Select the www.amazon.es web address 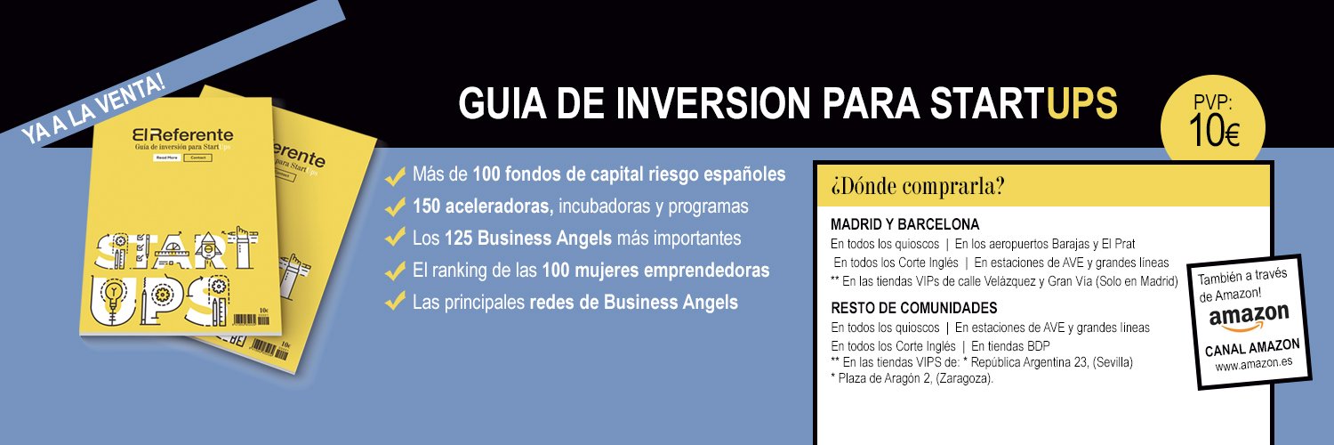(1254, 365)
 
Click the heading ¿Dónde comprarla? (918, 187)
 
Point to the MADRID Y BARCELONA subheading (904, 223)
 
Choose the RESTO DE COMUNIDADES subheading (913, 308)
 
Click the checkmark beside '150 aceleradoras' (394, 207)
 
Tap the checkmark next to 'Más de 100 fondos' (394, 175)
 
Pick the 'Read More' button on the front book (166, 158)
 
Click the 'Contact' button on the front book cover (197, 158)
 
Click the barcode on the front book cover (252, 319)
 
